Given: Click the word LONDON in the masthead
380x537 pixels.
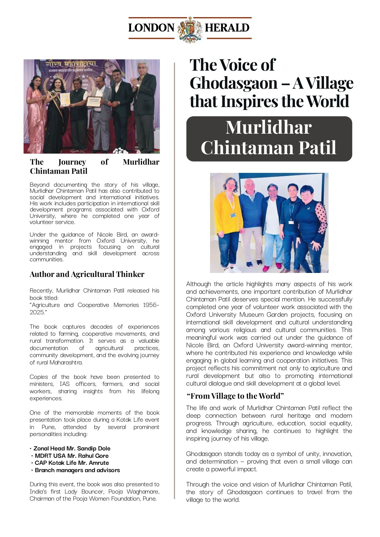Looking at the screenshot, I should [151, 28].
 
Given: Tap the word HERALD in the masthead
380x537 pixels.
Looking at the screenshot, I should [227, 28].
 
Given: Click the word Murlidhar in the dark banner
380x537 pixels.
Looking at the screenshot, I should [269, 127].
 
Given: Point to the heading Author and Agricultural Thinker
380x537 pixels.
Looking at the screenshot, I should [87, 274].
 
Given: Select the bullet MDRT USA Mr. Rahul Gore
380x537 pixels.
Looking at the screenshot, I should [71, 456].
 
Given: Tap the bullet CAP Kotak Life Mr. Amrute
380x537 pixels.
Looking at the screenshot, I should [72, 463].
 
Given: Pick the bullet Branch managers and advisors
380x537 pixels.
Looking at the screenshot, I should [77, 470].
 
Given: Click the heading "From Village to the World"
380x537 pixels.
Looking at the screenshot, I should [235, 396].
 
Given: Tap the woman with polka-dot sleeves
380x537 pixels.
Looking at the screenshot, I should [310, 226].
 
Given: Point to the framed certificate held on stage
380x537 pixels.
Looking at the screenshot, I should [94, 102].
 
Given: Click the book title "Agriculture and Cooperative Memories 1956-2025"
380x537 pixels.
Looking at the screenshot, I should [94, 308].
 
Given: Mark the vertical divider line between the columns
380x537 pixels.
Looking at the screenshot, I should [175, 275].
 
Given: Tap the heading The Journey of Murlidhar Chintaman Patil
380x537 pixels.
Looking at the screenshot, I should [94, 166].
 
